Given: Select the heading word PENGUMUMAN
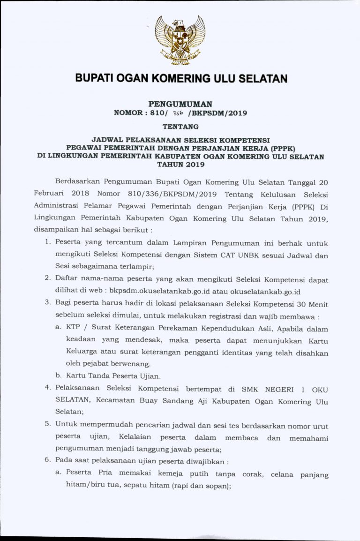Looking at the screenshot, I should click(x=180, y=104).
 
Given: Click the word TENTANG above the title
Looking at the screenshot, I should click(x=180, y=126).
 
